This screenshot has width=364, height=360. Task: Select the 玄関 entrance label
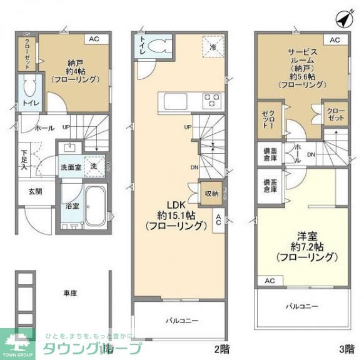[x=34, y=191]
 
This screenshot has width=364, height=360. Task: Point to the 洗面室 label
[x=70, y=167]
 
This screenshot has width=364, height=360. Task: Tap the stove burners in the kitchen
[x=211, y=99]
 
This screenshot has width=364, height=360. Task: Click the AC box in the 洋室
[x=270, y=281]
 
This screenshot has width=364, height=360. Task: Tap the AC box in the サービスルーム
[x=335, y=39]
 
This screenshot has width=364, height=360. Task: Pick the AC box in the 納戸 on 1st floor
[x=94, y=39]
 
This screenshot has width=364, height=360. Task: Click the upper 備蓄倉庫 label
[x=271, y=154]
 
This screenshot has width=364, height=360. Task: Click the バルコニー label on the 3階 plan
[x=302, y=306]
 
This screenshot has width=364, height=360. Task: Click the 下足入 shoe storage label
[x=24, y=159]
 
